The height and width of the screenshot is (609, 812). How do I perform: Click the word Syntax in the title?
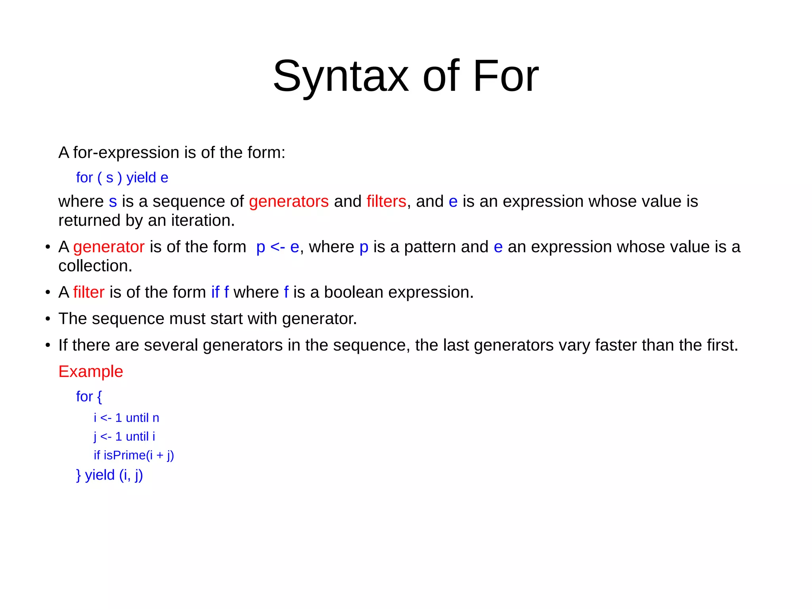pos(341,76)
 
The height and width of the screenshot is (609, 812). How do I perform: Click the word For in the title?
pos(506,76)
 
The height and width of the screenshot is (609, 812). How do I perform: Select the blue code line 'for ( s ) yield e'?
pos(122,178)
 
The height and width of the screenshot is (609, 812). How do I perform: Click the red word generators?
pos(289,202)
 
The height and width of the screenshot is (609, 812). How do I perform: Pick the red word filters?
pos(386,202)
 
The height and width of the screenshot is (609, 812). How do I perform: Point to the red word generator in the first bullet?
pos(109,247)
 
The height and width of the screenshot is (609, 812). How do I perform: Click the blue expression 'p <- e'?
pos(278,247)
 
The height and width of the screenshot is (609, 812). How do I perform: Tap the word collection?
pos(95,266)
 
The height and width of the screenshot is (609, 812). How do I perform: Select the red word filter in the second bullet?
pos(89,292)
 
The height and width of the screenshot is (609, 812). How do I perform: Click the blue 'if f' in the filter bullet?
pos(220,292)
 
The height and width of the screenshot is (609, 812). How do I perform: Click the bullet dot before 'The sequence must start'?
pos(48,319)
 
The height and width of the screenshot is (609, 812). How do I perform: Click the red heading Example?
pos(91,372)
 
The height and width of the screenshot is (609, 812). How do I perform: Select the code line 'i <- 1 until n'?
pos(126,418)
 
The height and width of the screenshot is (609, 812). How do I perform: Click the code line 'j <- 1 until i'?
pos(124,436)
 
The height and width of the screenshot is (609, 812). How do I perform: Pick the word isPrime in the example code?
pos(124,455)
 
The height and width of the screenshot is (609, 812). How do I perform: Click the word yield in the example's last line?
pos(100,475)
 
